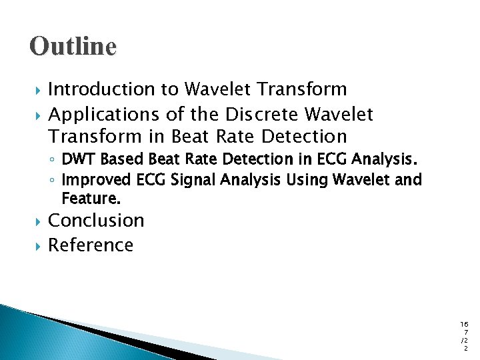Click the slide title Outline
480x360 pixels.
[x=73, y=47]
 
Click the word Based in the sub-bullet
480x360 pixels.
[x=118, y=160]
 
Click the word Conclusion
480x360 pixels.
[x=96, y=220]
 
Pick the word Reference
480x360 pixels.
[x=91, y=245]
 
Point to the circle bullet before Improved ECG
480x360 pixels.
[x=52, y=180]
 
